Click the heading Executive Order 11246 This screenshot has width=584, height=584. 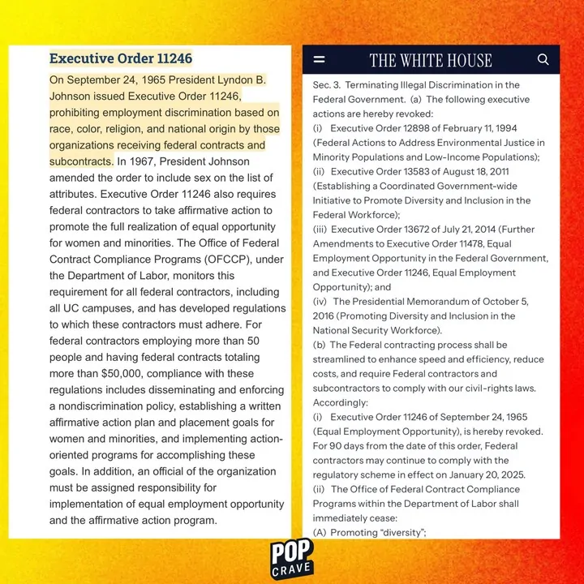pos(121,58)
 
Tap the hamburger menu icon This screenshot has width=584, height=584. pos(319,60)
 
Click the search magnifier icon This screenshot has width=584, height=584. pos(543,59)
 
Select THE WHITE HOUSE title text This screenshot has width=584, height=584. pos(431,60)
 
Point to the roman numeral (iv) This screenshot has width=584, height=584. pos(320,302)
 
